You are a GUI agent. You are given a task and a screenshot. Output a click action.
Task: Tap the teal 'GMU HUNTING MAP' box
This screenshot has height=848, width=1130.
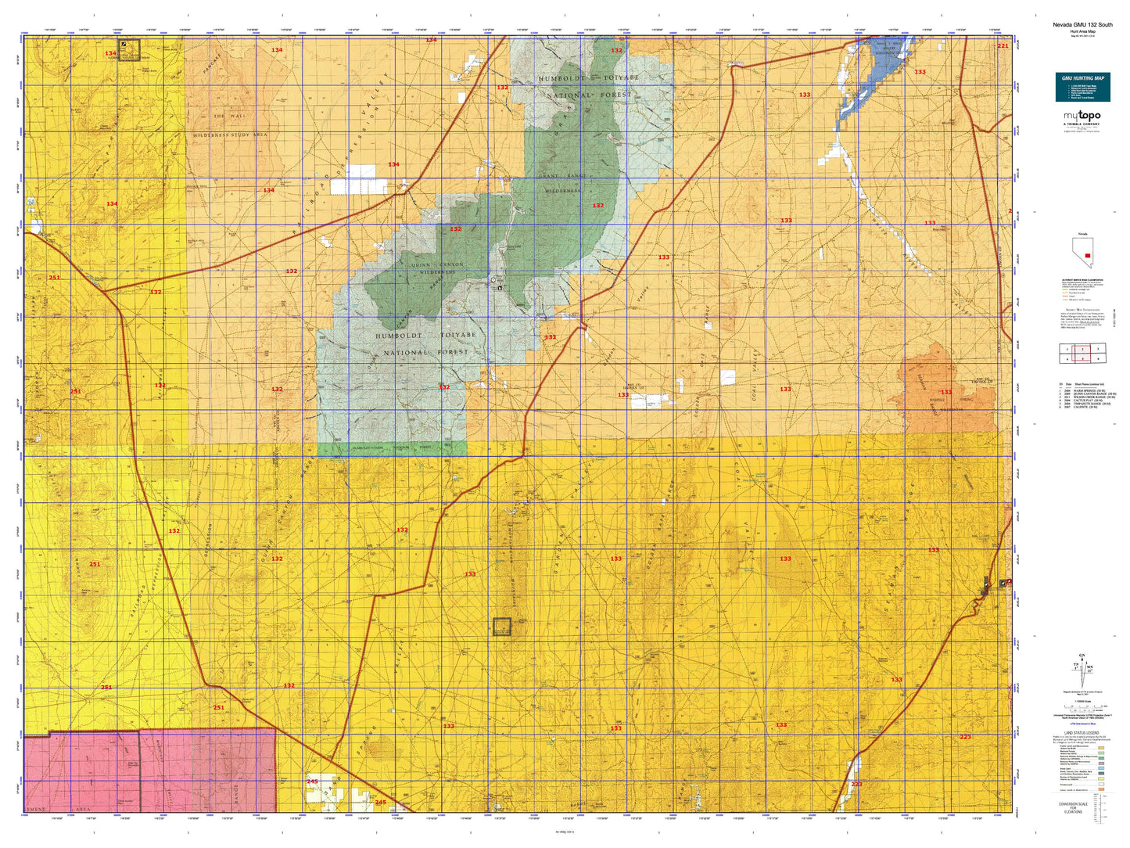pos(1082,86)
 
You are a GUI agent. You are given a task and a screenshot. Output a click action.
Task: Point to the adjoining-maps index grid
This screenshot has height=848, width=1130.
pos(1082,354)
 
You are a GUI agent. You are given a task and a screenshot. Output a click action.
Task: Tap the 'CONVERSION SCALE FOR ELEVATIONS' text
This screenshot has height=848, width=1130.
pos(1073,807)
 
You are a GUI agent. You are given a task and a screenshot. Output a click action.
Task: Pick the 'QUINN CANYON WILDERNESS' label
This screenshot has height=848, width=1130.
pos(436,268)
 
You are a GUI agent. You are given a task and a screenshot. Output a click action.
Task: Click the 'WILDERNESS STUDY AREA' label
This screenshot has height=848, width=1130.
pos(231,135)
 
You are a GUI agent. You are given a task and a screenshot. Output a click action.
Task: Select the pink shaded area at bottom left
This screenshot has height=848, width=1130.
pos(149,771)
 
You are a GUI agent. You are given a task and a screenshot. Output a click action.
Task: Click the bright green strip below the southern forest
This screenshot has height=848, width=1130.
pos(391,449)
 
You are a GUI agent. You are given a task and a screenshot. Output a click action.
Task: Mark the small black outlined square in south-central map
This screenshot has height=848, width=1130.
pos(501,626)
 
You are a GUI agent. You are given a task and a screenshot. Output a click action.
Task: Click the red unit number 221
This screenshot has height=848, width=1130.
pos(1003,46)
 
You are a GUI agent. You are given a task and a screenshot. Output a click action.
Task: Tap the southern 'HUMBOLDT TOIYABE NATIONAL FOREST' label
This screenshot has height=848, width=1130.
pos(425,343)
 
